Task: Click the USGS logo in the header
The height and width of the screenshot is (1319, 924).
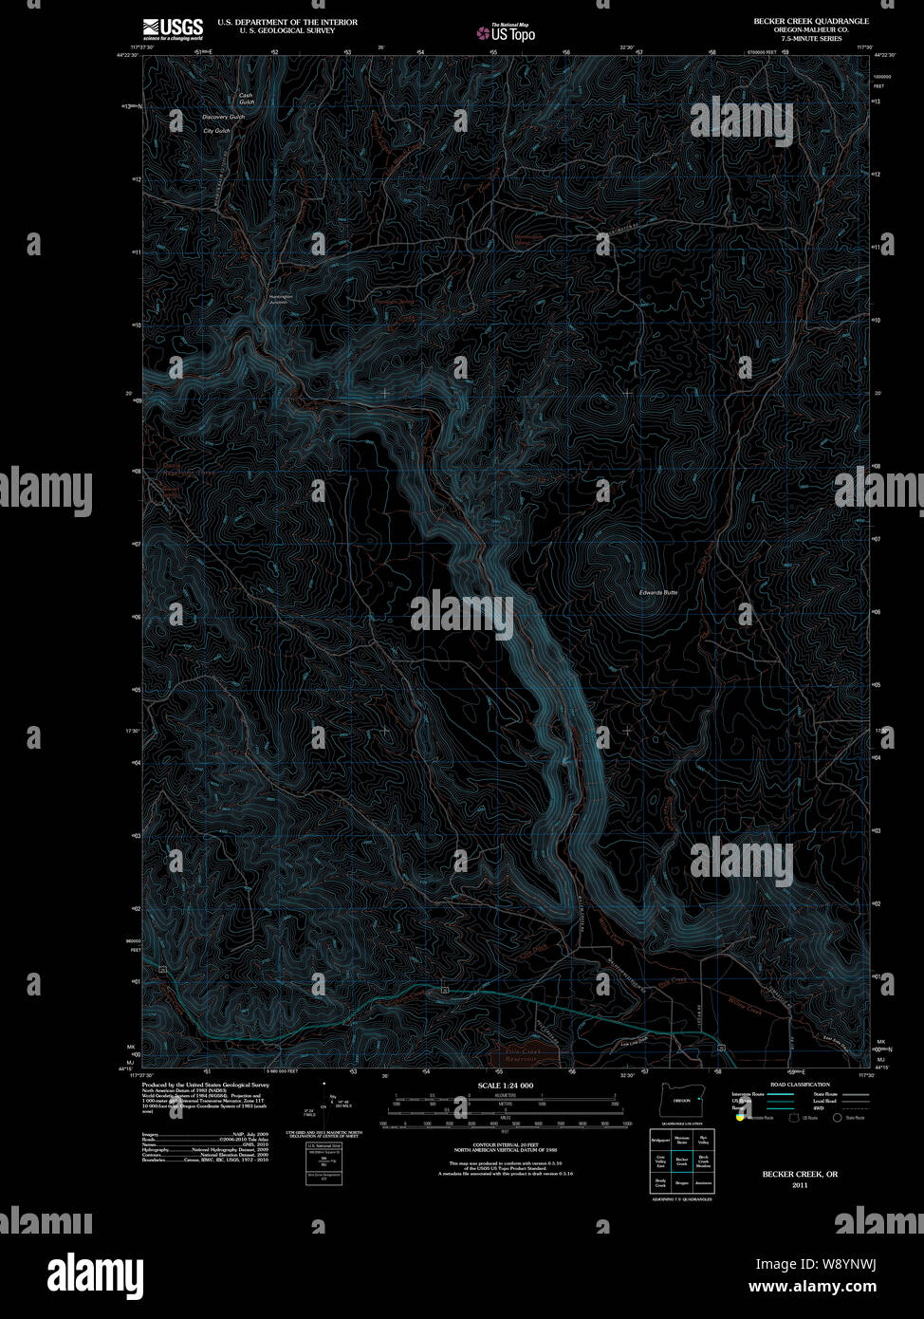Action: point(172,28)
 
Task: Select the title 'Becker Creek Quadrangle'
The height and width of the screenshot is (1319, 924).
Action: point(810,21)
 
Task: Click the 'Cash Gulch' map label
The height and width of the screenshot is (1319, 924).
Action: point(246,99)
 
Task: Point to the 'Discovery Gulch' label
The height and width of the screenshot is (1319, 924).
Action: point(224,117)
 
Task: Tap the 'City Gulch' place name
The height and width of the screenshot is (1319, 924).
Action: point(217,131)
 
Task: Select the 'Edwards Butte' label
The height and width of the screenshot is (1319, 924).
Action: point(658,592)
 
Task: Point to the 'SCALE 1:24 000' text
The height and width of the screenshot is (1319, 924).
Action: point(506,1085)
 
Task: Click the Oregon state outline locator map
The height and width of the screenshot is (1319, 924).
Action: point(681,1100)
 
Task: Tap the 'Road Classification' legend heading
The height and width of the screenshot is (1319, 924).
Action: point(800,1085)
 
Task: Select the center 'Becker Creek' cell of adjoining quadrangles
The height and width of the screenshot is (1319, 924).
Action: point(681,1161)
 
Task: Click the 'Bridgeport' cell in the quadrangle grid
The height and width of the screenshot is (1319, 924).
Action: point(660,1138)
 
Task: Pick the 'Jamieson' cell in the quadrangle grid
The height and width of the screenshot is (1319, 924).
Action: point(703,1183)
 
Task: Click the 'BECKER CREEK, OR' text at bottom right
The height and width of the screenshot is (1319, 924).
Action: point(800,1174)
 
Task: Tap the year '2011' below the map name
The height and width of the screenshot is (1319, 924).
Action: point(800,1186)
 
